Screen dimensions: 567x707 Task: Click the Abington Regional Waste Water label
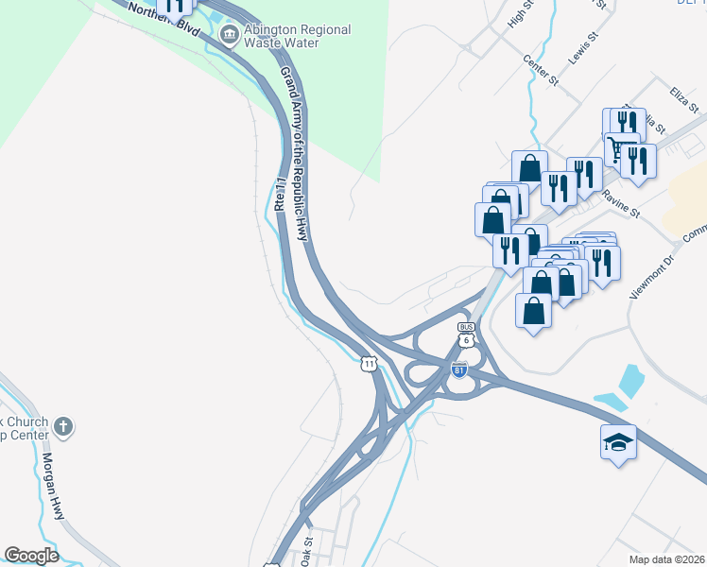[x=298, y=37]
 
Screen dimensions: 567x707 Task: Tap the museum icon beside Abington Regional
[x=229, y=36]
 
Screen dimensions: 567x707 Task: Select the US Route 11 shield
[x=369, y=363]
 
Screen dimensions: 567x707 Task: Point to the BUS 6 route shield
[x=466, y=334]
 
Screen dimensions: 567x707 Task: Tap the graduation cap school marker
[x=618, y=442]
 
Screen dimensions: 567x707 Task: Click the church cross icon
[x=63, y=426]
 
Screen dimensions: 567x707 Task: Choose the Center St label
[x=542, y=72]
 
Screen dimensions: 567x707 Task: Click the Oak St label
[x=306, y=551]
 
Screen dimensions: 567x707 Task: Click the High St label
[x=521, y=13]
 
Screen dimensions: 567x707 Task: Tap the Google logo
[x=31, y=556]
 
